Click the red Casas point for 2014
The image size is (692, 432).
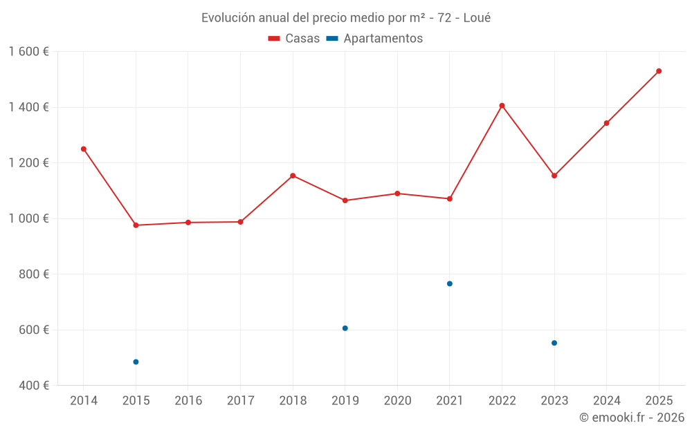tap(84, 149)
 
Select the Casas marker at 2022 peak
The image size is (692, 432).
tap(502, 106)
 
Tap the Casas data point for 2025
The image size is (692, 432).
tap(659, 71)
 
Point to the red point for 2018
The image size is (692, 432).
tap(293, 176)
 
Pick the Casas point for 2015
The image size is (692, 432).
tap(136, 225)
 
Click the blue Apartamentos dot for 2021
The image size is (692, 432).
tap(450, 283)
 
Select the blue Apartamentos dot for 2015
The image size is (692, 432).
tap(136, 362)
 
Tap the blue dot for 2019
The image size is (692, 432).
tap(345, 328)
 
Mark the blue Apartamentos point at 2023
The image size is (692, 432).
tap(554, 343)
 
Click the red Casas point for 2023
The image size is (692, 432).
tap(554, 176)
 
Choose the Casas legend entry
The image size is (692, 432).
tap(294, 39)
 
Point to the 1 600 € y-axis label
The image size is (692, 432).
tap(28, 52)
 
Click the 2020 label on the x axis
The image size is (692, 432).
tap(397, 401)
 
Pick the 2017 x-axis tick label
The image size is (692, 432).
tap(240, 401)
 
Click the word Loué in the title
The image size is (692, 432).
tap(477, 18)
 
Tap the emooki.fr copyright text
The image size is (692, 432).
tap(632, 417)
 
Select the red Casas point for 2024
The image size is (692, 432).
tap(607, 123)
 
